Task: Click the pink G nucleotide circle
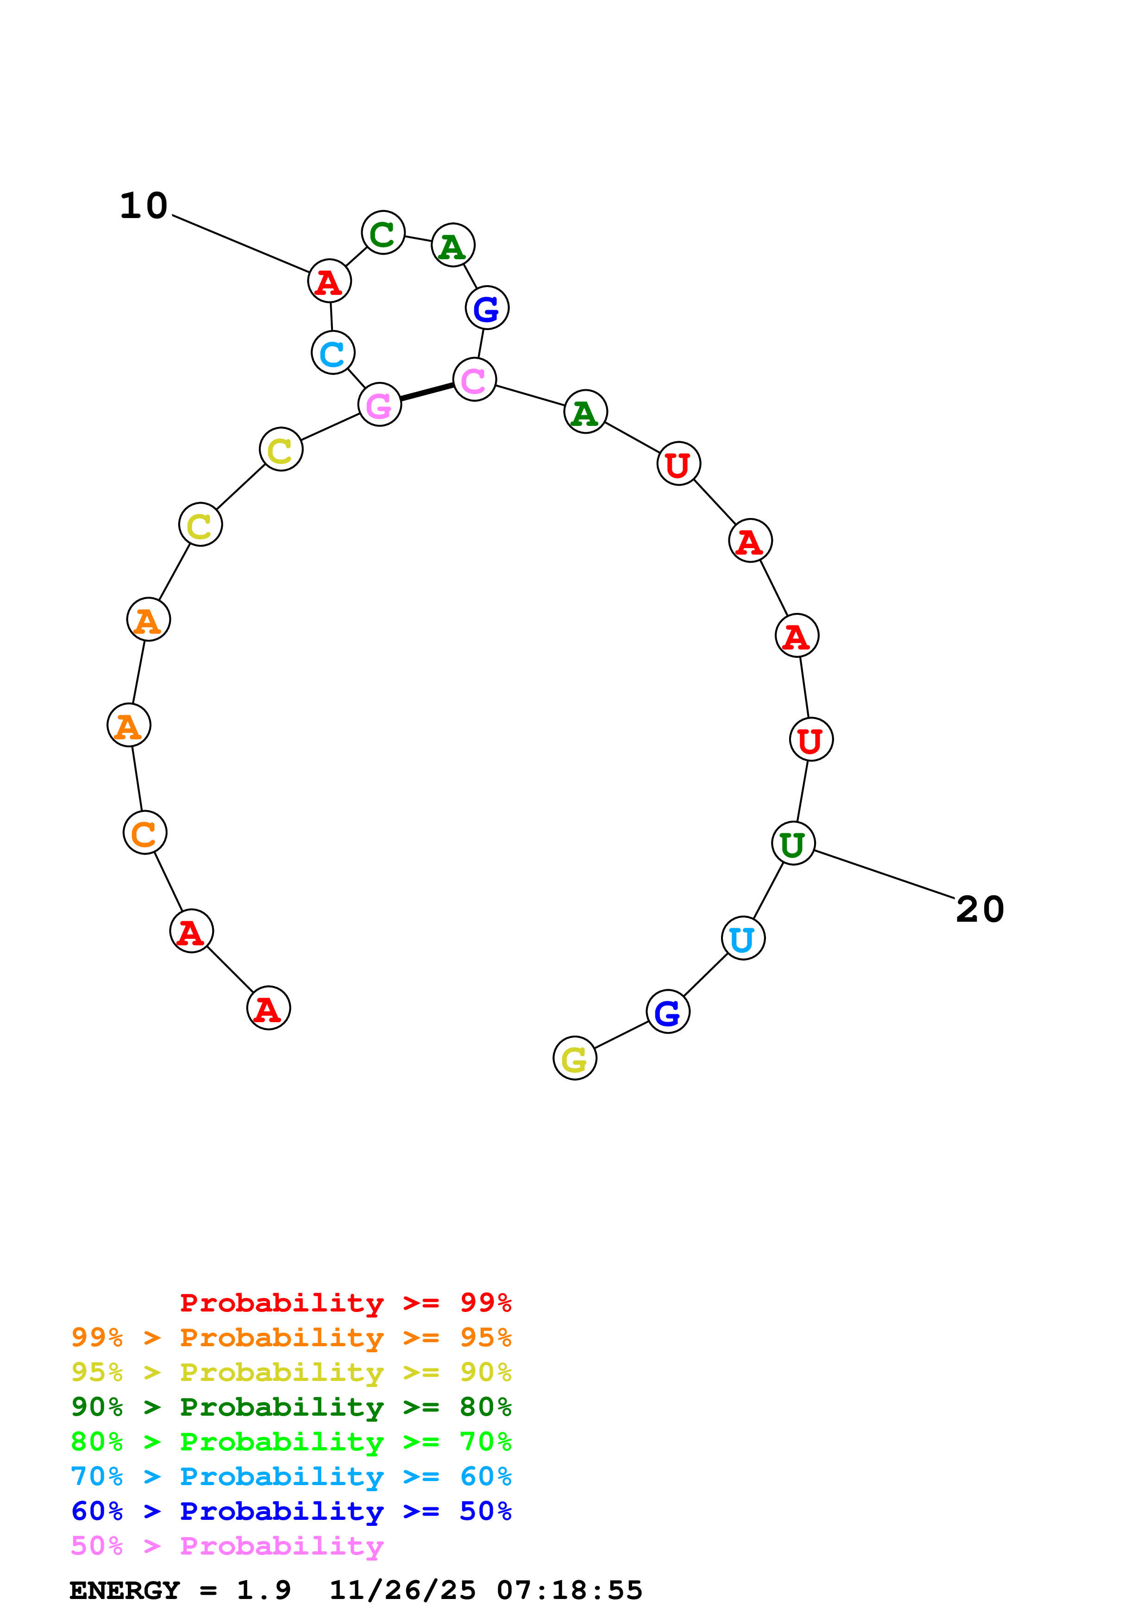(x=379, y=405)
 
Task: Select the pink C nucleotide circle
(x=474, y=379)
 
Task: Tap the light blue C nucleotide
(x=332, y=352)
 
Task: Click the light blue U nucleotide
(x=743, y=938)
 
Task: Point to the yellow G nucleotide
(x=574, y=1058)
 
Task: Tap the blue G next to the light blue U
(x=668, y=1012)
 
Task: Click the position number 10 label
(x=144, y=206)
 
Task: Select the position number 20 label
(x=979, y=909)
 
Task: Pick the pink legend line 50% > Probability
(x=227, y=1545)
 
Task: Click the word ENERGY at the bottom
(x=125, y=1590)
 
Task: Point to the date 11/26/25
(x=402, y=1590)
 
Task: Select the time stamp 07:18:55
(x=570, y=1590)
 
